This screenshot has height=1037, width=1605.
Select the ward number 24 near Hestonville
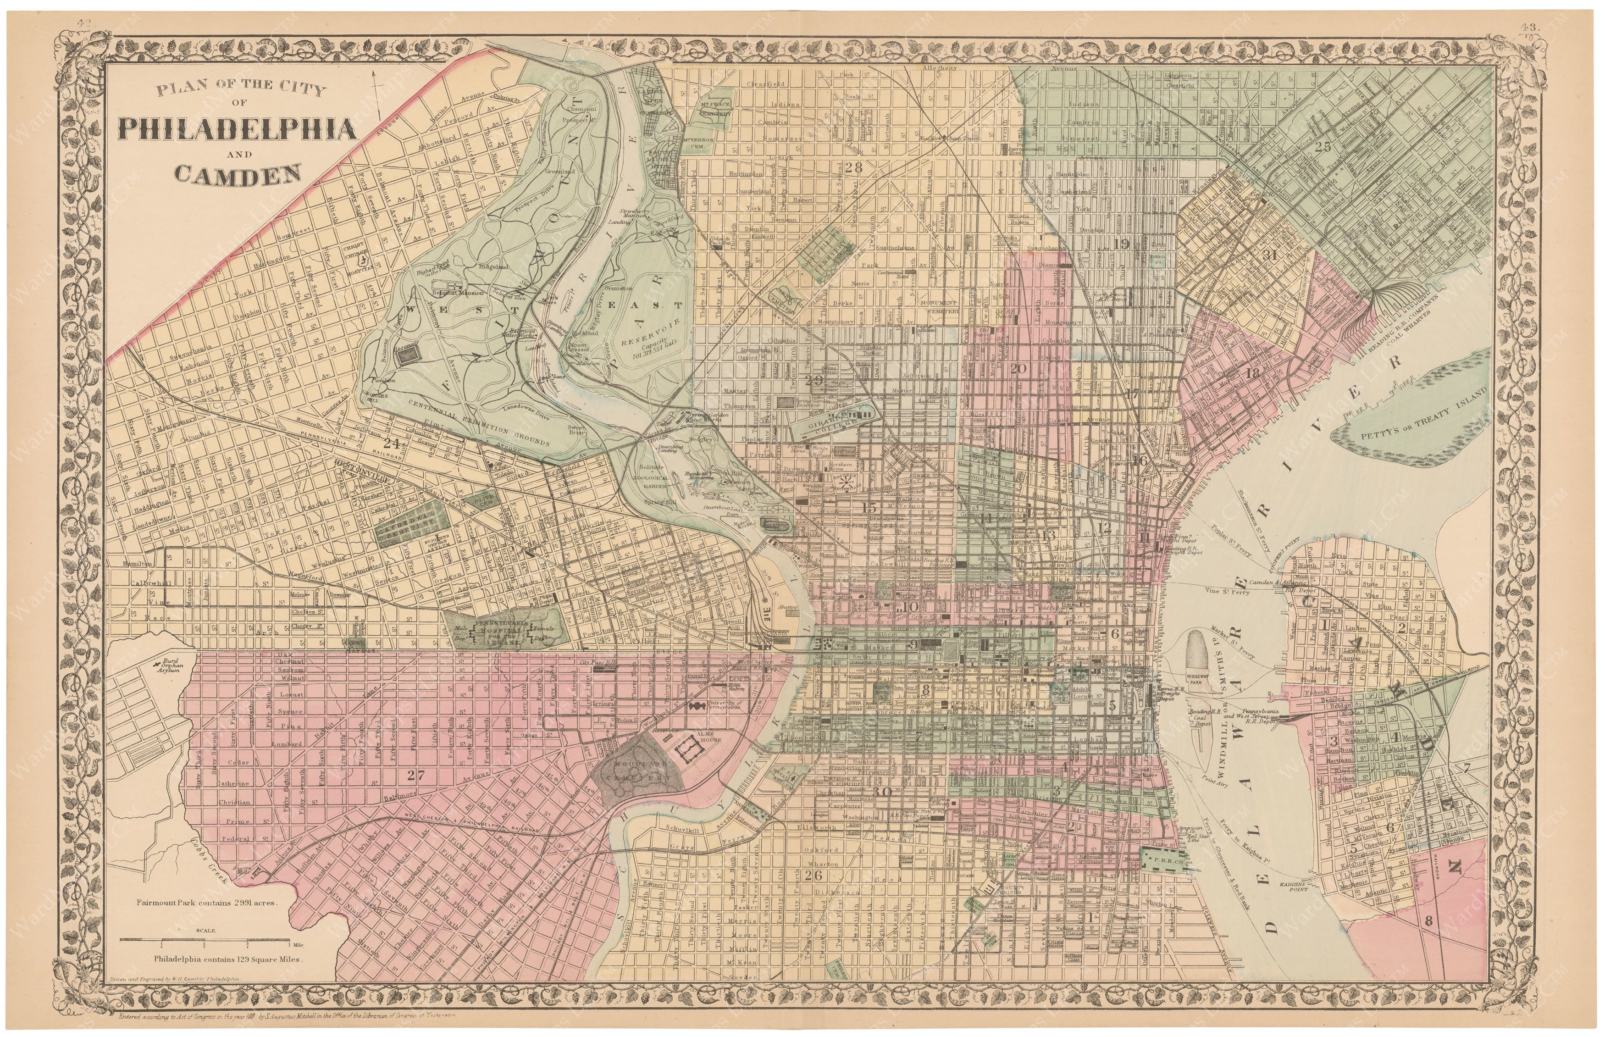click(391, 443)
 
